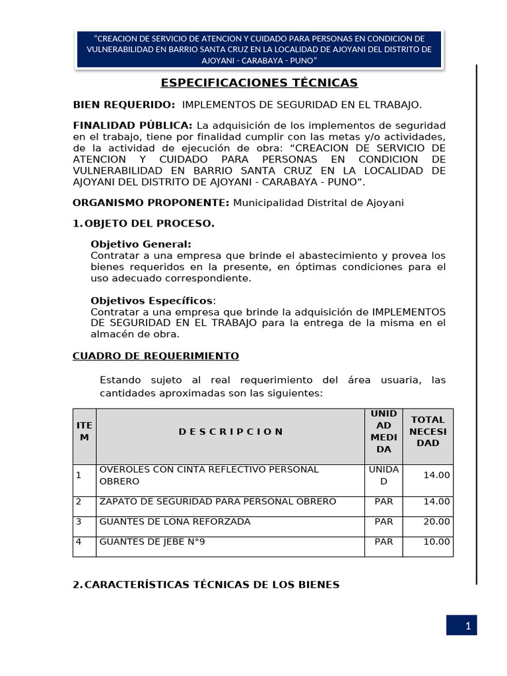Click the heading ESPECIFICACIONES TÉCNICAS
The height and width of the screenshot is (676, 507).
pyautogui.click(x=259, y=83)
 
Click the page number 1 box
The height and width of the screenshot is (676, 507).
pyautogui.click(x=461, y=625)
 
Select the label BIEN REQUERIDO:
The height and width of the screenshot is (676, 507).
pyautogui.click(x=124, y=104)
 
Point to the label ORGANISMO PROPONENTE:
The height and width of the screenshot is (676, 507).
pyautogui.click(x=151, y=203)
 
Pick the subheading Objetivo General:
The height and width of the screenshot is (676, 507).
pyautogui.click(x=141, y=244)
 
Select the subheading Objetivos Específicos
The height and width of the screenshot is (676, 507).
pyautogui.click(x=153, y=300)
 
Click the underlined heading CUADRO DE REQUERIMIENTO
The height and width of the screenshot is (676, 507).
pyautogui.click(x=156, y=356)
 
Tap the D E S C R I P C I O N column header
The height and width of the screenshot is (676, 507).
pyautogui.click(x=230, y=432)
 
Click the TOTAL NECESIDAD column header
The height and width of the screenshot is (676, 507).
pyautogui.click(x=428, y=431)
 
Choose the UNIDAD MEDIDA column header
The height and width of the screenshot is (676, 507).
pyautogui.click(x=384, y=431)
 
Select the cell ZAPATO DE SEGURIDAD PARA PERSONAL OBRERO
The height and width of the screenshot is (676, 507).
pyautogui.click(x=218, y=502)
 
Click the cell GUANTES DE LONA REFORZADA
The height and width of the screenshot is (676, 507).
pyautogui.click(x=175, y=522)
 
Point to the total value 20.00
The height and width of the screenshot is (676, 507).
pyautogui.click(x=437, y=522)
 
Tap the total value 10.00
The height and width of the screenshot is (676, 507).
pyautogui.click(x=437, y=542)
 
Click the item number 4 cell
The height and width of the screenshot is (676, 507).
pyautogui.click(x=79, y=542)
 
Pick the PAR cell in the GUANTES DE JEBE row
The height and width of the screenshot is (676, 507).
pyautogui.click(x=384, y=542)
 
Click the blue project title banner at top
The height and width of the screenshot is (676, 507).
pyautogui.click(x=259, y=50)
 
